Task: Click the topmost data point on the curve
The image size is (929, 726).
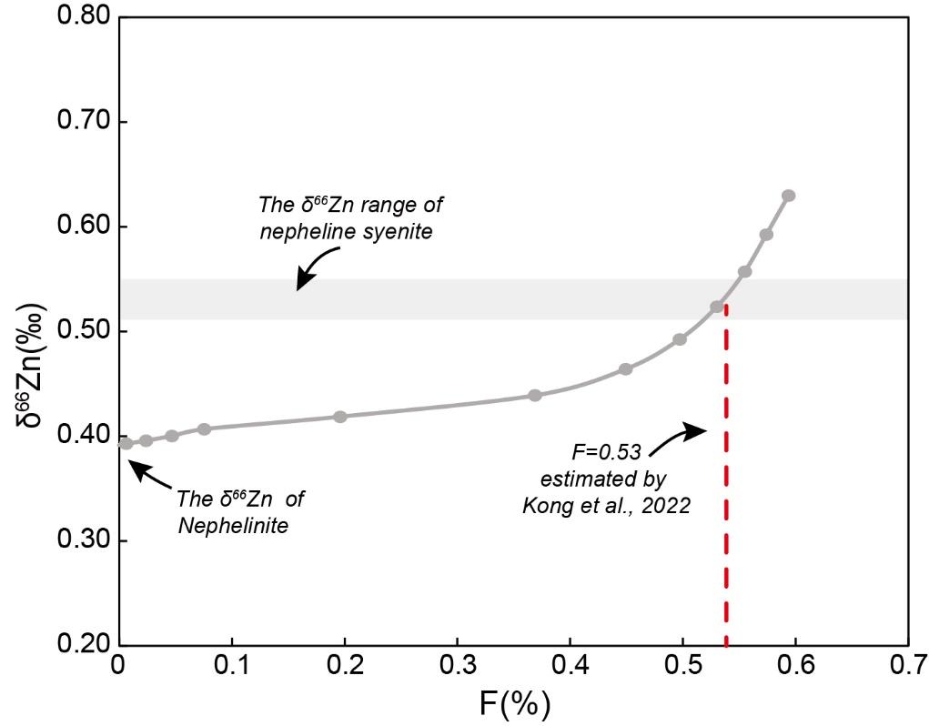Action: (x=789, y=196)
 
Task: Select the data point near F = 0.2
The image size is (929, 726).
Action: (x=340, y=417)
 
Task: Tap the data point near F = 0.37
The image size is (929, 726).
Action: (x=535, y=395)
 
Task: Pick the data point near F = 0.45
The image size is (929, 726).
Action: (x=625, y=368)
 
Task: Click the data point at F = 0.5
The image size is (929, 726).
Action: (x=680, y=339)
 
